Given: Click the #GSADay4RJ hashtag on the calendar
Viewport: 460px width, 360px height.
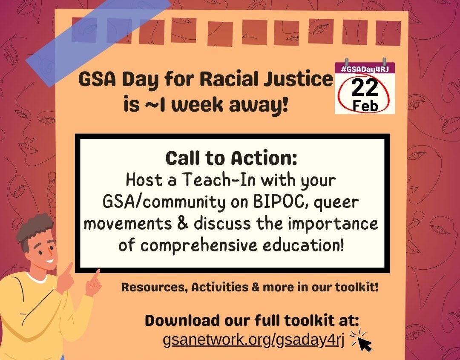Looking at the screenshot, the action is [x=365, y=70].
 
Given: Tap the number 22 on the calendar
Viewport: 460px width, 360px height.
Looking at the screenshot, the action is [x=365, y=88].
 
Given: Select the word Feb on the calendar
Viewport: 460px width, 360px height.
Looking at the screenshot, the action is [x=365, y=106].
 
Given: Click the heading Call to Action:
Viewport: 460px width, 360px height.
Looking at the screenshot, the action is [x=231, y=158].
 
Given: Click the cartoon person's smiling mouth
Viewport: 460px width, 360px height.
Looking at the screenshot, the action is [x=49, y=261].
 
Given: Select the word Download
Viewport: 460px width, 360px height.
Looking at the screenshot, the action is [x=182, y=320].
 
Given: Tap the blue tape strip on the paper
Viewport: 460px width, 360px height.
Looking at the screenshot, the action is [x=98, y=41].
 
